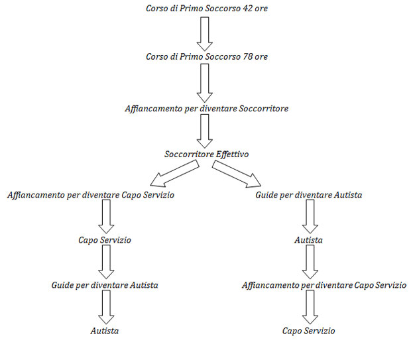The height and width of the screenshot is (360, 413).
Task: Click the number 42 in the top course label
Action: [x=246, y=9]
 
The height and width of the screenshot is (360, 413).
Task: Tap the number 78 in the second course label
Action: [x=246, y=56]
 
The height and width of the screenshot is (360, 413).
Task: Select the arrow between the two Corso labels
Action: [x=205, y=34]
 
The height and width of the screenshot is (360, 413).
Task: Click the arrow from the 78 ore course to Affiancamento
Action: [x=205, y=84]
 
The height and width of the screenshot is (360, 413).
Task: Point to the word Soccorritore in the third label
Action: [x=264, y=109]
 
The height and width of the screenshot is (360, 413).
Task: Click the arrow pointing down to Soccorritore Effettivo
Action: [x=205, y=131]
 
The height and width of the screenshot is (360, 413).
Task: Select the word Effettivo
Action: [x=232, y=154]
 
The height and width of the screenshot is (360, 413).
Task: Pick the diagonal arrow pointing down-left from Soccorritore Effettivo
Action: [x=174, y=173]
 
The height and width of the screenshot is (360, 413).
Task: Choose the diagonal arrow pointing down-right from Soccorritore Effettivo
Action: [x=237, y=174]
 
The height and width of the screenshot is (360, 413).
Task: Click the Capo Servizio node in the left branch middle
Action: [x=105, y=240]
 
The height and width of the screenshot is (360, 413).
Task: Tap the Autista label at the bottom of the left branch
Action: [x=105, y=331]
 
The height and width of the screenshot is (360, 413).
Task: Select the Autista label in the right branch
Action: [x=308, y=240]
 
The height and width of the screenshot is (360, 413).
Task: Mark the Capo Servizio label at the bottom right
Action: [x=308, y=331]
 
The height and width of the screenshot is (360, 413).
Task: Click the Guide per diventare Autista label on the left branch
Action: [x=105, y=285]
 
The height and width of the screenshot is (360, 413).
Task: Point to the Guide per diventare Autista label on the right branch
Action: [x=308, y=195]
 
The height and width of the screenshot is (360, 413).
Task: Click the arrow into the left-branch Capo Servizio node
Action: [x=106, y=217]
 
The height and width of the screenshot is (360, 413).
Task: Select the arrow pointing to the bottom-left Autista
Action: [x=106, y=307]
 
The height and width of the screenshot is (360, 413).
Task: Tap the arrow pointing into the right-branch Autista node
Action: [x=310, y=217]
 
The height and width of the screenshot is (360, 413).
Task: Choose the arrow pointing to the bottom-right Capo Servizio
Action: [x=310, y=307]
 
